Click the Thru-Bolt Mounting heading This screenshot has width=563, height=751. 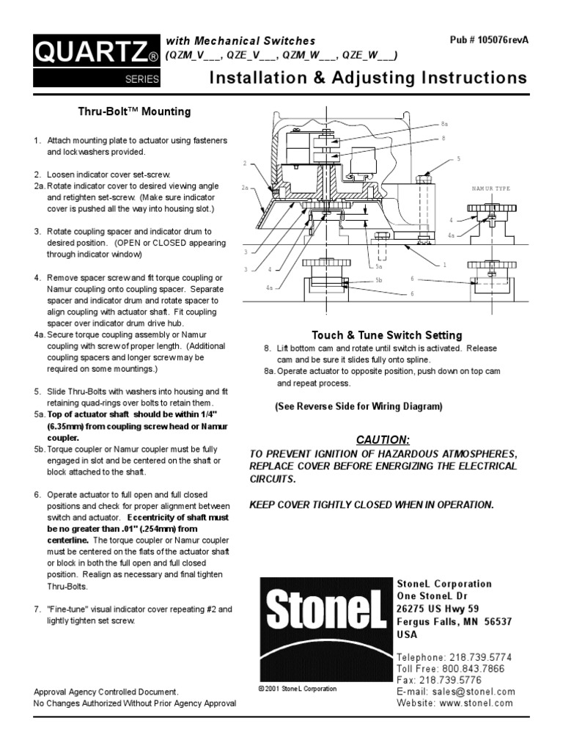point(134,111)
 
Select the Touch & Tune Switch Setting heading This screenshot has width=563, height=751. point(387,335)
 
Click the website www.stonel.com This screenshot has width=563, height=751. point(476,703)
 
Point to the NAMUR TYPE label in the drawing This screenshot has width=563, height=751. point(491,188)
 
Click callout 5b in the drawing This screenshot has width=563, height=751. point(379,280)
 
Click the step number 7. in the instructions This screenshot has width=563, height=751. point(38,609)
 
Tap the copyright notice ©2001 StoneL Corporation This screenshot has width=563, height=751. point(298,689)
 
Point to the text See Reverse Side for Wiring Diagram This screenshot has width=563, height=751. point(358,406)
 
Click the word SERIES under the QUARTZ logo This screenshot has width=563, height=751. point(142,80)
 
